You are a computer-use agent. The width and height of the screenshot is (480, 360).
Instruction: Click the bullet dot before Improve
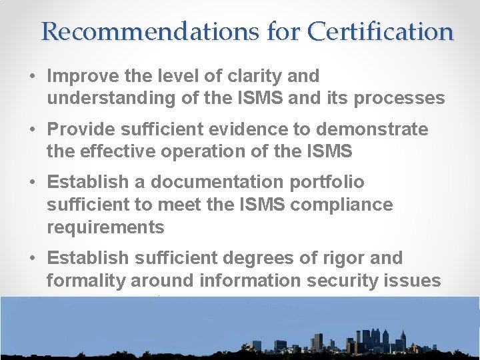click(32, 77)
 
